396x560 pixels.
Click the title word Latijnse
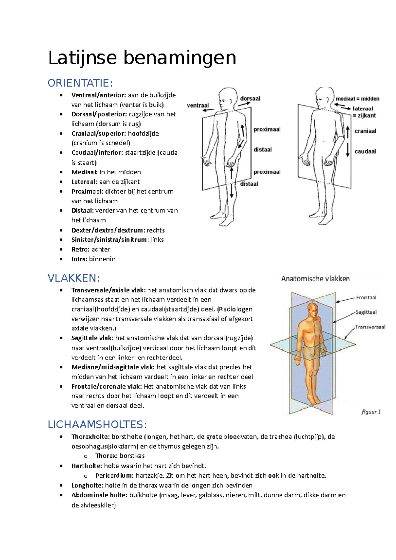pos(82,58)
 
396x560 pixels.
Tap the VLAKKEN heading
pos(74,278)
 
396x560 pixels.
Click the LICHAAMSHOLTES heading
pos(97,424)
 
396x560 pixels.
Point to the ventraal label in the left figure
pos(198,106)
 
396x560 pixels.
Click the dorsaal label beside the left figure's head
pos(250,98)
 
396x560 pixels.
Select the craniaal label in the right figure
pos(365,131)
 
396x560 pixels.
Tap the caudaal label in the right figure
pos(365,151)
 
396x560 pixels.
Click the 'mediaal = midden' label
pos(357,99)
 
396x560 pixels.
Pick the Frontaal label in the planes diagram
pos(366,297)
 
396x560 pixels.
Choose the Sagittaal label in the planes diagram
pos(366,312)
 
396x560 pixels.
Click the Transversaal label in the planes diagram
pos(370,327)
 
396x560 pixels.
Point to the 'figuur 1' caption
pos(371,412)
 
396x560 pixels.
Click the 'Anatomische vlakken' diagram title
pos(315,279)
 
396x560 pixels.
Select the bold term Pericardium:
pos(115,476)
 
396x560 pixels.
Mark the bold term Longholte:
pos(87,485)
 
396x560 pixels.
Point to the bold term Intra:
pos(80,259)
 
